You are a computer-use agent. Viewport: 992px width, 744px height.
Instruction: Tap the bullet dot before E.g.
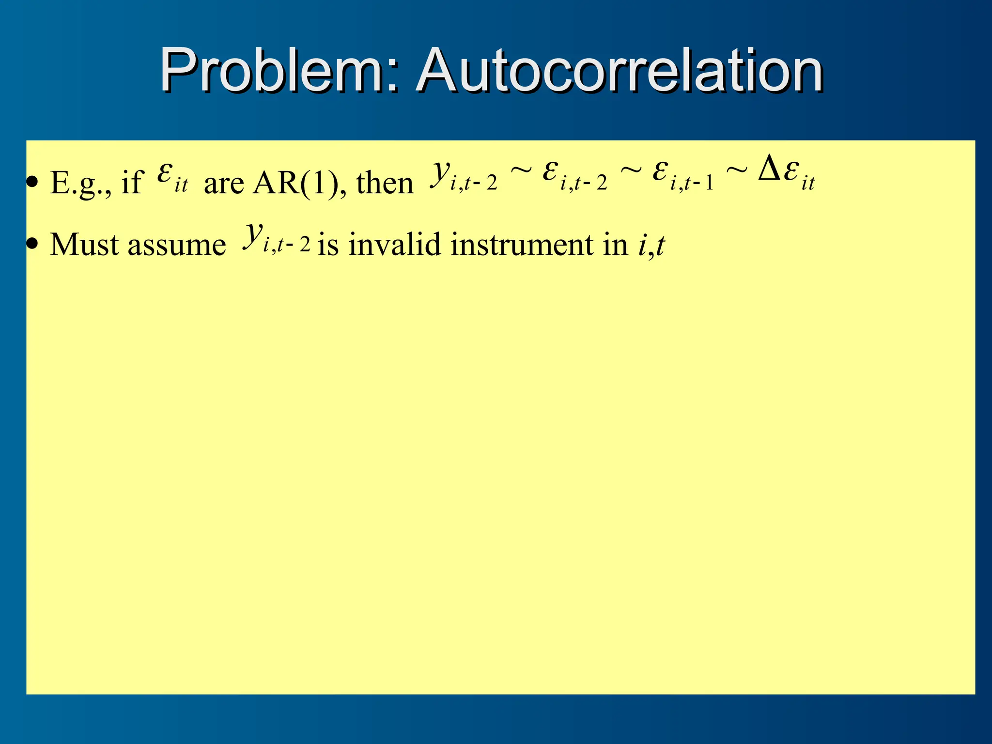coord(32,183)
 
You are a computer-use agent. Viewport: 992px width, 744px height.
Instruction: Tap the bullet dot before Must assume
coord(32,245)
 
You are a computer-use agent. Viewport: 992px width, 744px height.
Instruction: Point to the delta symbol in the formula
coord(769,170)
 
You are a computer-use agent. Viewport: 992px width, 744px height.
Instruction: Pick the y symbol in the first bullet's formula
coord(440,171)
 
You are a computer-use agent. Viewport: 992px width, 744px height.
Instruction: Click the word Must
coord(84,245)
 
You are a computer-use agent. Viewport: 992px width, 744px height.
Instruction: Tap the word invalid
coord(394,245)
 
